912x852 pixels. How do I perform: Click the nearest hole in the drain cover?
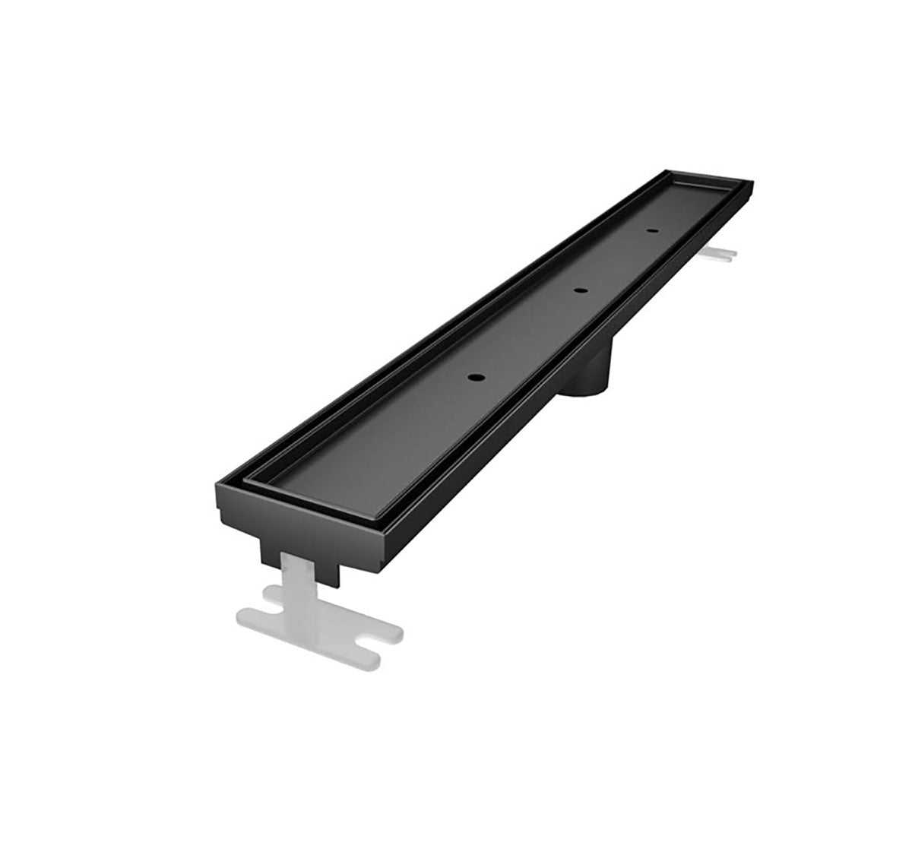click(x=477, y=377)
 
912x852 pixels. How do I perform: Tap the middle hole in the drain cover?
click(x=581, y=290)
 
